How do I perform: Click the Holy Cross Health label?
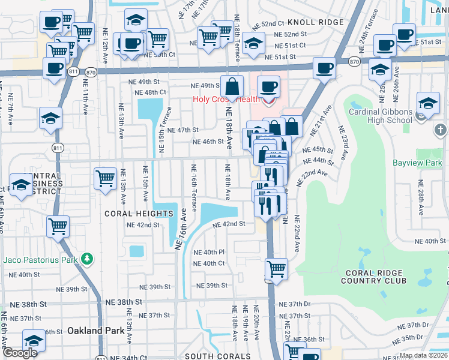226,99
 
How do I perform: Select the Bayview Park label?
417,163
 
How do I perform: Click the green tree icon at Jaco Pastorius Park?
88,259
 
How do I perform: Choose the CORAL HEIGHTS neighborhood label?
139,214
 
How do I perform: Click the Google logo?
20,353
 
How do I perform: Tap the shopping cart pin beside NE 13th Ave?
106,178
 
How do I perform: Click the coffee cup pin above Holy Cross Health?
269,87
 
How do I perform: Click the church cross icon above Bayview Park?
440,130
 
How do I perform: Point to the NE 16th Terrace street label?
194,187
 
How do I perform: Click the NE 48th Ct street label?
150,92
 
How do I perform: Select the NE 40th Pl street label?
208,252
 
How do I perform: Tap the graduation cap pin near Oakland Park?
34,340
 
